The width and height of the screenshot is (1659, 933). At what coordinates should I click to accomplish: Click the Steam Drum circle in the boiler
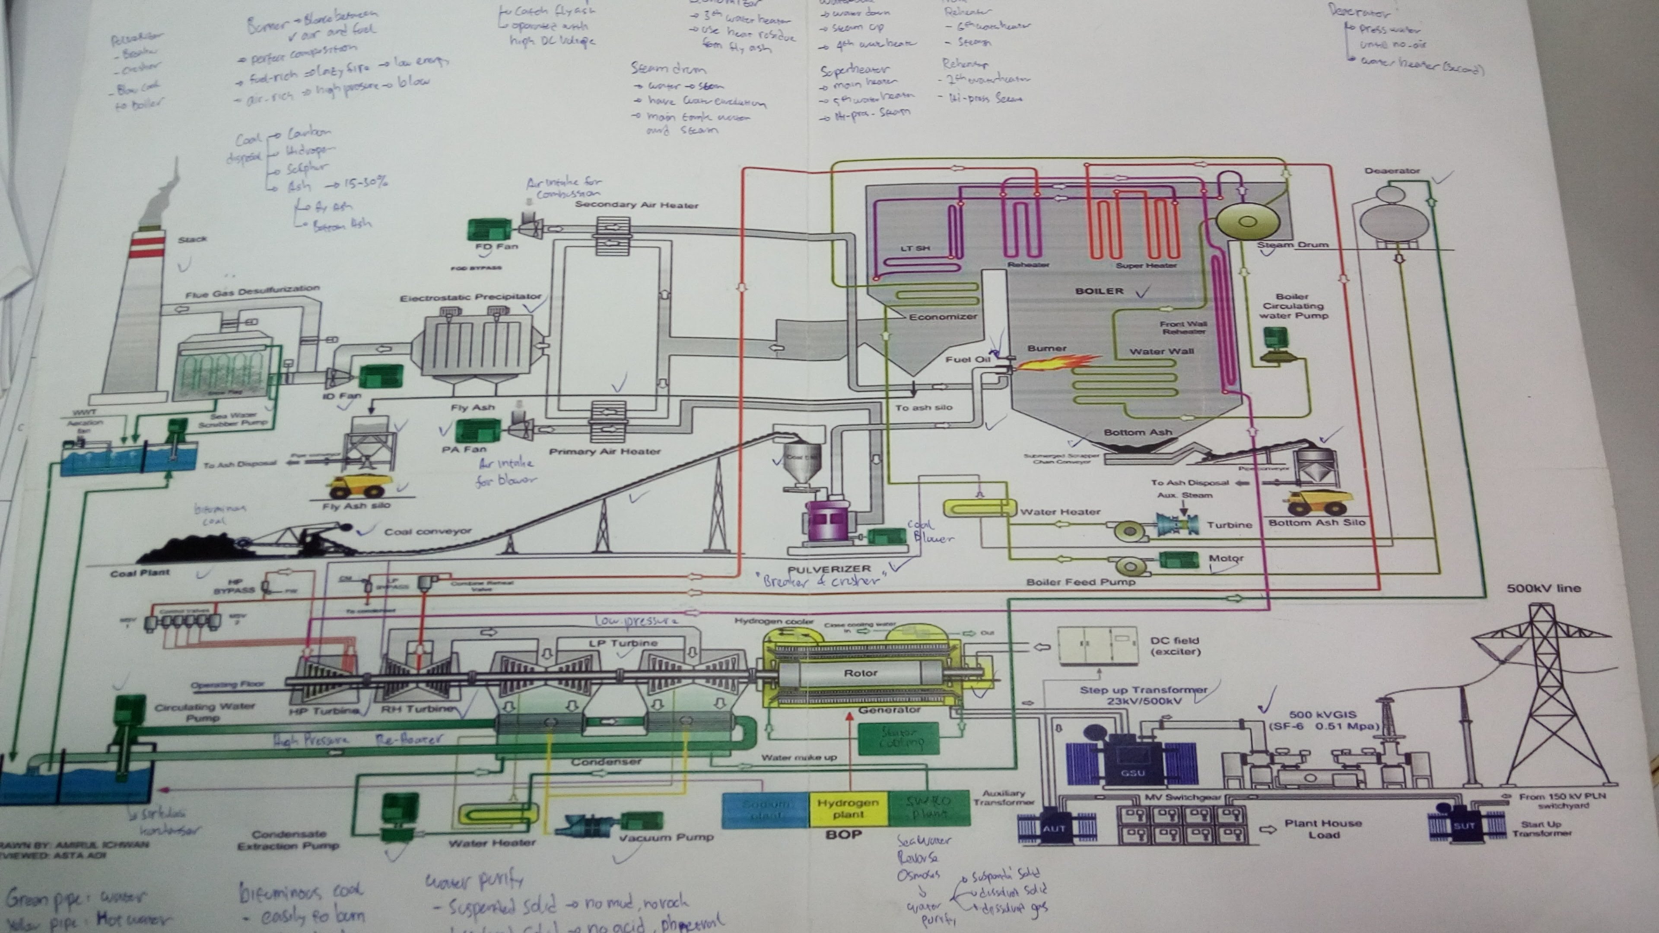coord(1247,222)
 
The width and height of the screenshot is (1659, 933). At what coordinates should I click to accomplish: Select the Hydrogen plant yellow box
coord(848,809)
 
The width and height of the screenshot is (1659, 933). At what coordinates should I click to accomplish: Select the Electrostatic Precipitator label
coord(470,298)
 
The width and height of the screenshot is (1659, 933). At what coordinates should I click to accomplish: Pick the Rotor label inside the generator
coord(861,673)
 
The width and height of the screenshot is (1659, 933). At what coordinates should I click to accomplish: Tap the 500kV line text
coord(1543,588)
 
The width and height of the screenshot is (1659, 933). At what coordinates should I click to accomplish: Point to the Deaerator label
coord(1392,171)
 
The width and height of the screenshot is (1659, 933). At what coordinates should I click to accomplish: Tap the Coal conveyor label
coord(428,532)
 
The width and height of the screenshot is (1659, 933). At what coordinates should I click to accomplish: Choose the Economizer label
coord(943,317)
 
